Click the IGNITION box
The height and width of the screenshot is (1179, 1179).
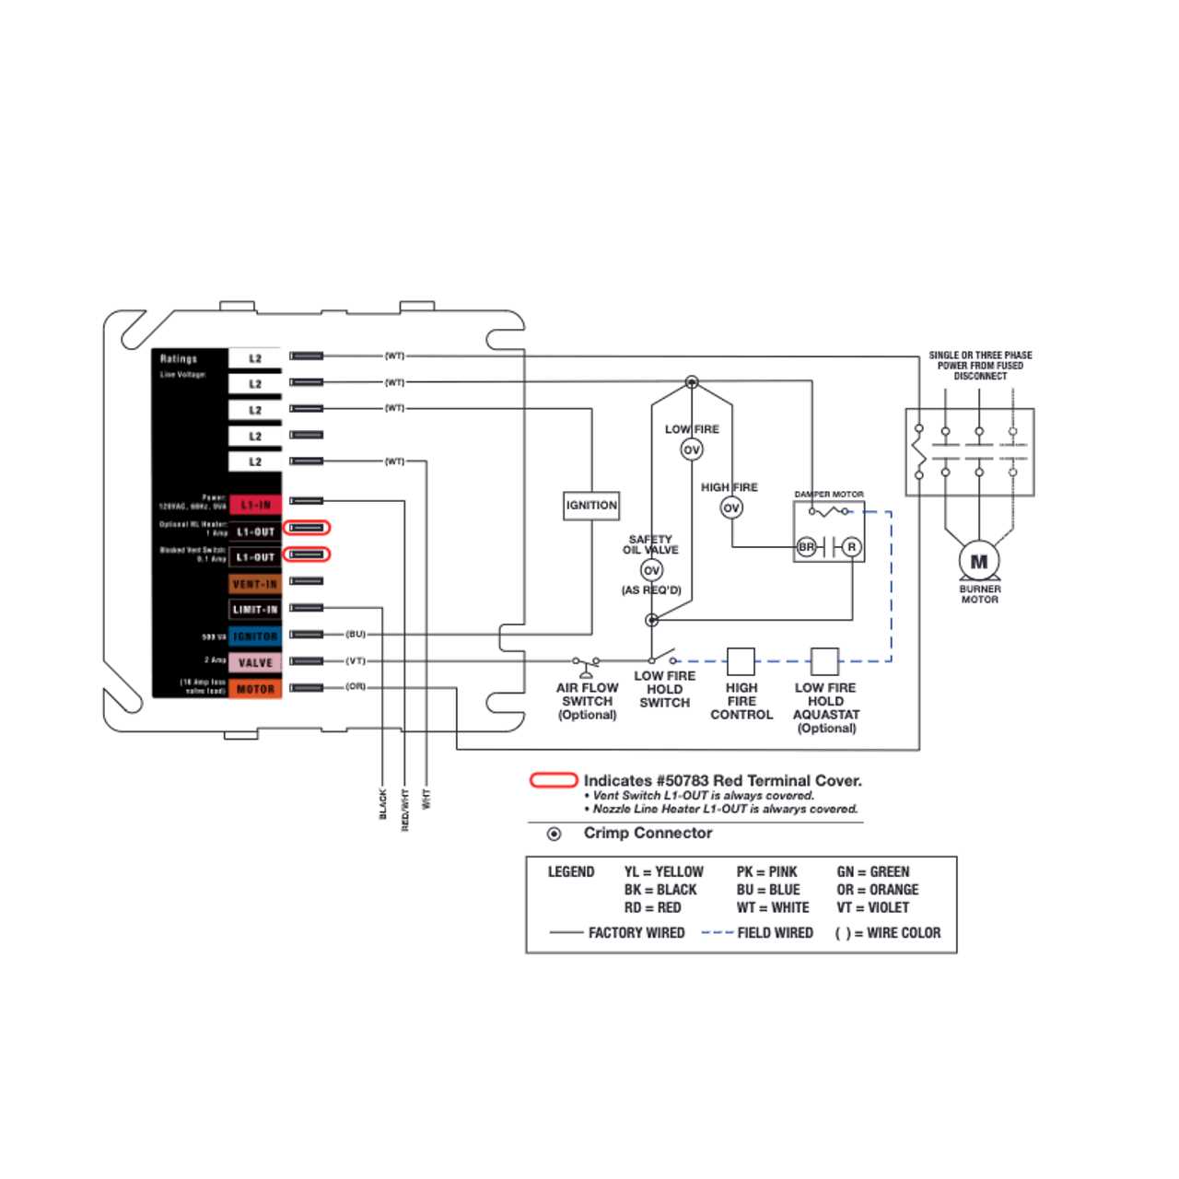[591, 505]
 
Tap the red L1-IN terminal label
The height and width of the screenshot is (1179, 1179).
[255, 505]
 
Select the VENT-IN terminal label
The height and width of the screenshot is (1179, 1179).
[255, 584]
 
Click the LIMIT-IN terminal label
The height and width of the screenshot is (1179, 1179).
[255, 610]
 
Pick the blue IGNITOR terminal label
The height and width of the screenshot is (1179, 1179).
[255, 636]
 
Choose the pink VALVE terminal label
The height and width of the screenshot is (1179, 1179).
[255, 662]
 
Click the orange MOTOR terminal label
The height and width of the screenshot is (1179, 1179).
[255, 689]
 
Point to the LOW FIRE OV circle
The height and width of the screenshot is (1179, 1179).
[692, 449]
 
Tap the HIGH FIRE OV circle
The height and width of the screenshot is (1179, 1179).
[731, 508]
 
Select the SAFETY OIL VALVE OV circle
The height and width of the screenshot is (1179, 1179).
[651, 570]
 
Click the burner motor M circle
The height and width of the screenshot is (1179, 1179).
[979, 561]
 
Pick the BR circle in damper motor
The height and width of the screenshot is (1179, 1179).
[807, 547]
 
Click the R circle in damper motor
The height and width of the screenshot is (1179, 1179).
[852, 547]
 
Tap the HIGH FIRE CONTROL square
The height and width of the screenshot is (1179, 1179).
[741, 661]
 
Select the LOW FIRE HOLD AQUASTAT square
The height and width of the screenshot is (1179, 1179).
[824, 661]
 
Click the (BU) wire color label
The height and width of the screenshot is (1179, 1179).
[356, 634]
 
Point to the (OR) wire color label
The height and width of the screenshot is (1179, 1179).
[356, 686]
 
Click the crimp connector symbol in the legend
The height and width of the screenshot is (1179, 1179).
[554, 835]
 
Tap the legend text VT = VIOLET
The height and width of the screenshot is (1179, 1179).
[873, 907]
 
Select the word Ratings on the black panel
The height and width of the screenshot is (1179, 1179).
[179, 359]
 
